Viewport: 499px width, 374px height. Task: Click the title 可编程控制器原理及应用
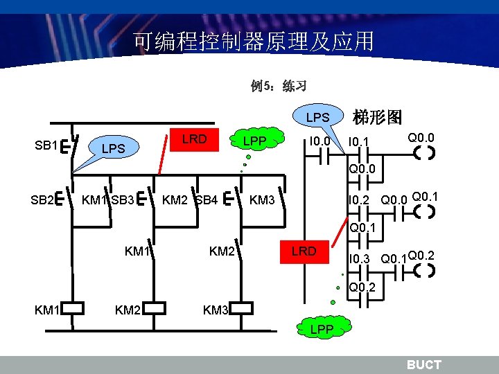254,42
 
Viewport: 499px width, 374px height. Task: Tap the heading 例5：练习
279,87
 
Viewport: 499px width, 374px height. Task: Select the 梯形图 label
378,117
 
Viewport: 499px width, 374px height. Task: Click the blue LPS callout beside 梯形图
318,117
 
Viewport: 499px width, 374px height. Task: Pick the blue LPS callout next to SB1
112,148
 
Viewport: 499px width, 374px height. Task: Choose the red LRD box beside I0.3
304,251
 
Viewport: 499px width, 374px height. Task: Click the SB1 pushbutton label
46,145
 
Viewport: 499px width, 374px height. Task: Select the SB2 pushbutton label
42,201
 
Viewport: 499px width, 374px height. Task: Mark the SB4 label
207,201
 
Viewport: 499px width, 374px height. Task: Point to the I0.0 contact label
321,142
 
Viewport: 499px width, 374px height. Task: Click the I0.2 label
358,201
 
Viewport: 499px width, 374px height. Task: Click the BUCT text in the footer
423,364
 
